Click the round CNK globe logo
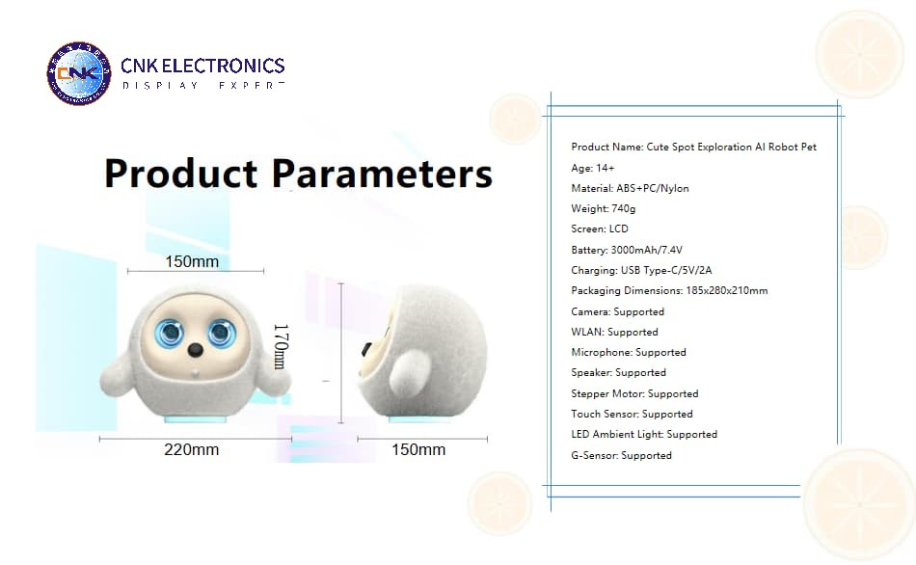tap(79, 73)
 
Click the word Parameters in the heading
tap(382, 174)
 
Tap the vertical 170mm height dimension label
tap(281, 346)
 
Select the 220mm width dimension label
tap(192, 449)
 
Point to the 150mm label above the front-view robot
tap(192, 261)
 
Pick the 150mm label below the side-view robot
tap(418, 449)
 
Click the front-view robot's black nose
tap(195, 350)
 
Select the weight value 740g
tap(623, 208)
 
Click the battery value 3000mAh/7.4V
tap(647, 250)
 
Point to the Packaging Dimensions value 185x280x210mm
tap(727, 290)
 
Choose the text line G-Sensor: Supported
tap(622, 455)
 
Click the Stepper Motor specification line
tap(635, 393)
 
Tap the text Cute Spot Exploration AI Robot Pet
tap(732, 147)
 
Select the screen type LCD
tap(619, 229)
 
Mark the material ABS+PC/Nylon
tap(653, 188)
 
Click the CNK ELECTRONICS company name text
tap(202, 66)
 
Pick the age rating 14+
tap(605, 168)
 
